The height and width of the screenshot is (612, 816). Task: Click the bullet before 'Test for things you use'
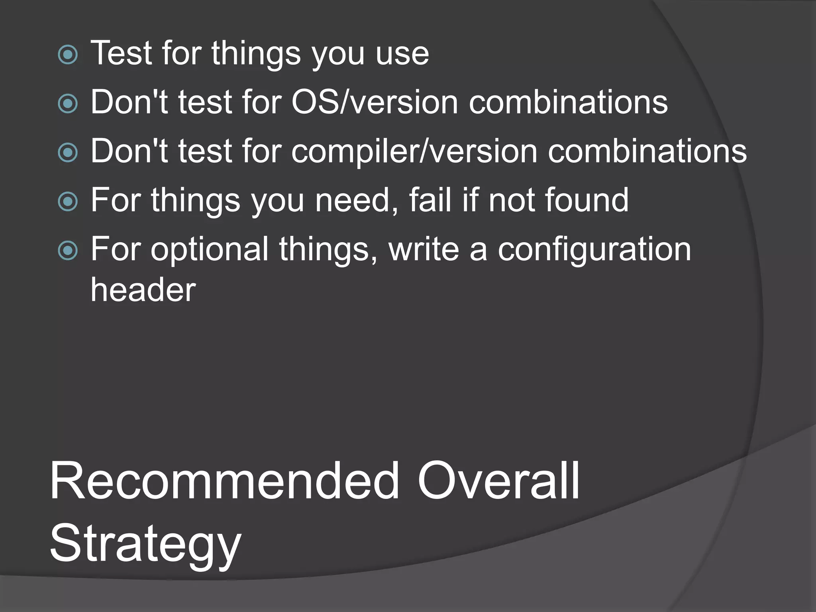68,55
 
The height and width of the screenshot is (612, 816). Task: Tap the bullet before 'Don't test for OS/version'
68,104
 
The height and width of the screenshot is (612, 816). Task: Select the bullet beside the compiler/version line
68,153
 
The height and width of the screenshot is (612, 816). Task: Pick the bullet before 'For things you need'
68,202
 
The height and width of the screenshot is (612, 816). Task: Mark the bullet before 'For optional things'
68,251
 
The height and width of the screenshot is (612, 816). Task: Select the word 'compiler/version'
414,152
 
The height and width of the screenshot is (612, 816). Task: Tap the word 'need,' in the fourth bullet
357,200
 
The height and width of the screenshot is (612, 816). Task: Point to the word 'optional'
210,250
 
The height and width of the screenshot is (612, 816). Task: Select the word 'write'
424,249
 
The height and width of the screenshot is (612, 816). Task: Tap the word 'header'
143,290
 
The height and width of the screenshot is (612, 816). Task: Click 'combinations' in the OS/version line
568,102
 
